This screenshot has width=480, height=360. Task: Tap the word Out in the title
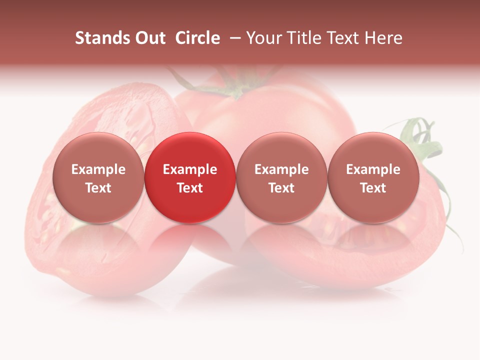[149, 38]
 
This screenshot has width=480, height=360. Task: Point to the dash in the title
[233, 38]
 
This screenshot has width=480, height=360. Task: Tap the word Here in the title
[384, 38]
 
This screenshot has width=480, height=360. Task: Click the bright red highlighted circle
[190, 177]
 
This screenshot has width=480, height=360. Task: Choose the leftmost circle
[98, 177]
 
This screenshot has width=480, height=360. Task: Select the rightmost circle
[373, 177]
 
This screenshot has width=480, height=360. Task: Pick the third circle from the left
[281, 177]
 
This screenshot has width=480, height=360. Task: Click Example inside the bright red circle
[190, 169]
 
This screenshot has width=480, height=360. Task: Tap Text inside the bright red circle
[190, 188]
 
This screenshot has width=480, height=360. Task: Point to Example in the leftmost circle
[98, 169]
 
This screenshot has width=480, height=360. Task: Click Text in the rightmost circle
[373, 188]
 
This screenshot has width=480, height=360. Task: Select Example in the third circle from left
[281, 169]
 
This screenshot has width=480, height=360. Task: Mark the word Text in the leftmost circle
[98, 188]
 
